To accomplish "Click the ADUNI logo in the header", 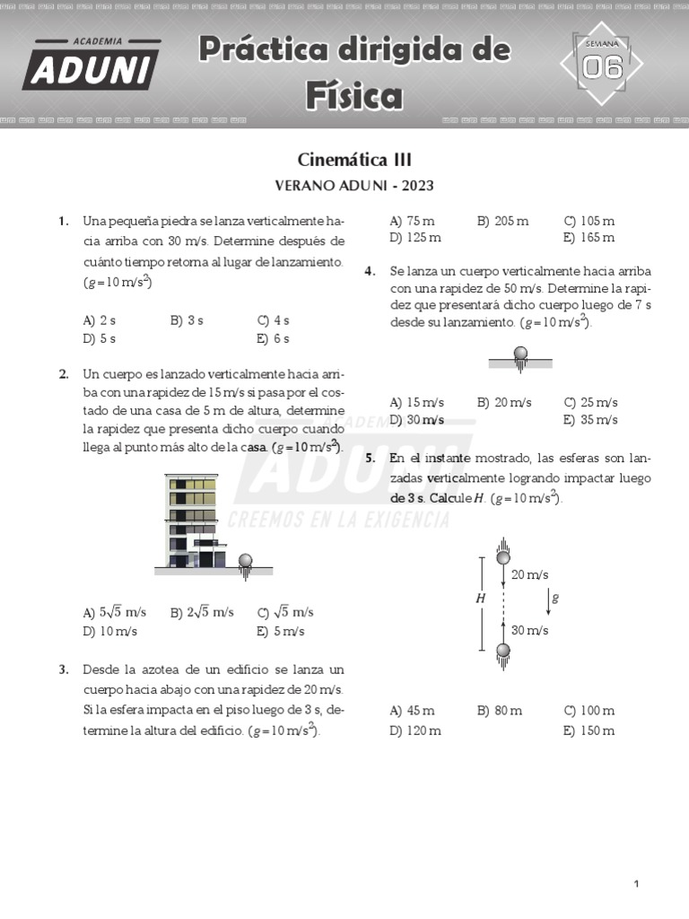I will pos(92,65).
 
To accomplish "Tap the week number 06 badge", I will pos(602,66).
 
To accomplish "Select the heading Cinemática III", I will pos(353,160).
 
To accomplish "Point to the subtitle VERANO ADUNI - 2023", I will pos(353,186).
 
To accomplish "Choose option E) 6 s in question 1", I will pos(273,338).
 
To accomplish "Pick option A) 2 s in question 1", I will pos(99,320).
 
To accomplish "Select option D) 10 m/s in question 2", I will pos(109,631).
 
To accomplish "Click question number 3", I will pos(64,670).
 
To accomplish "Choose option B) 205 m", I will pos(502,221).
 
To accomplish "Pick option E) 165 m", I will pos(589,238).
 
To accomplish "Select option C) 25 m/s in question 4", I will pos(590,402).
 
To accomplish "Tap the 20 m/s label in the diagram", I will pos(529,574).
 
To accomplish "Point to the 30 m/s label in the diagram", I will pos(529,630).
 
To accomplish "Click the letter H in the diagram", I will pos(481,598).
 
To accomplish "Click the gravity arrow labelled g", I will pos(548,599).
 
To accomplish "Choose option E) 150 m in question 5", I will pos(589,730).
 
